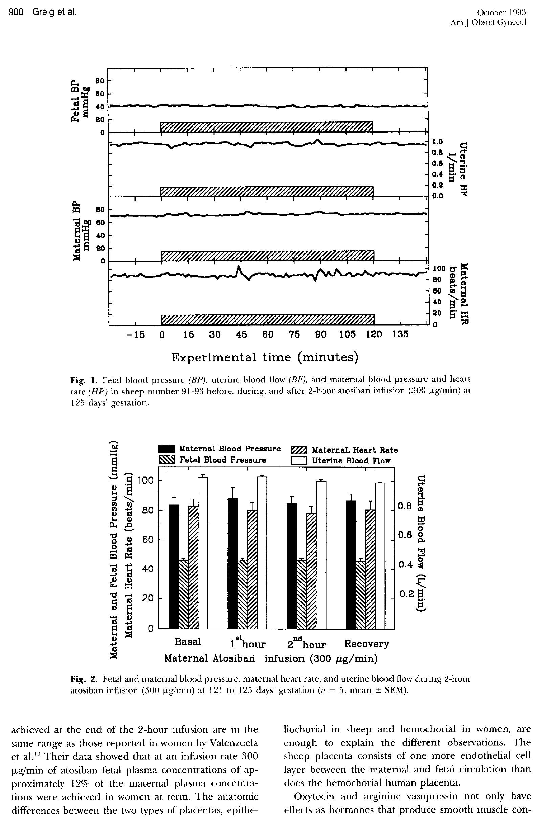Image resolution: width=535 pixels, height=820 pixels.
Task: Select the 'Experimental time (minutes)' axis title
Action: (265, 357)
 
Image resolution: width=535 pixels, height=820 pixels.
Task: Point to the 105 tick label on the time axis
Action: (347, 334)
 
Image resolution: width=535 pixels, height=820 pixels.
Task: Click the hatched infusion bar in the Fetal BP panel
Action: (266, 127)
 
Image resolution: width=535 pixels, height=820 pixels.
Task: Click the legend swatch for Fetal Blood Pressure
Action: (167, 460)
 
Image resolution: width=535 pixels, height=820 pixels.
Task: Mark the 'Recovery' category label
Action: (367, 643)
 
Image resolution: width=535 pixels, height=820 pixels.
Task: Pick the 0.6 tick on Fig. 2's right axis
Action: (405, 535)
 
